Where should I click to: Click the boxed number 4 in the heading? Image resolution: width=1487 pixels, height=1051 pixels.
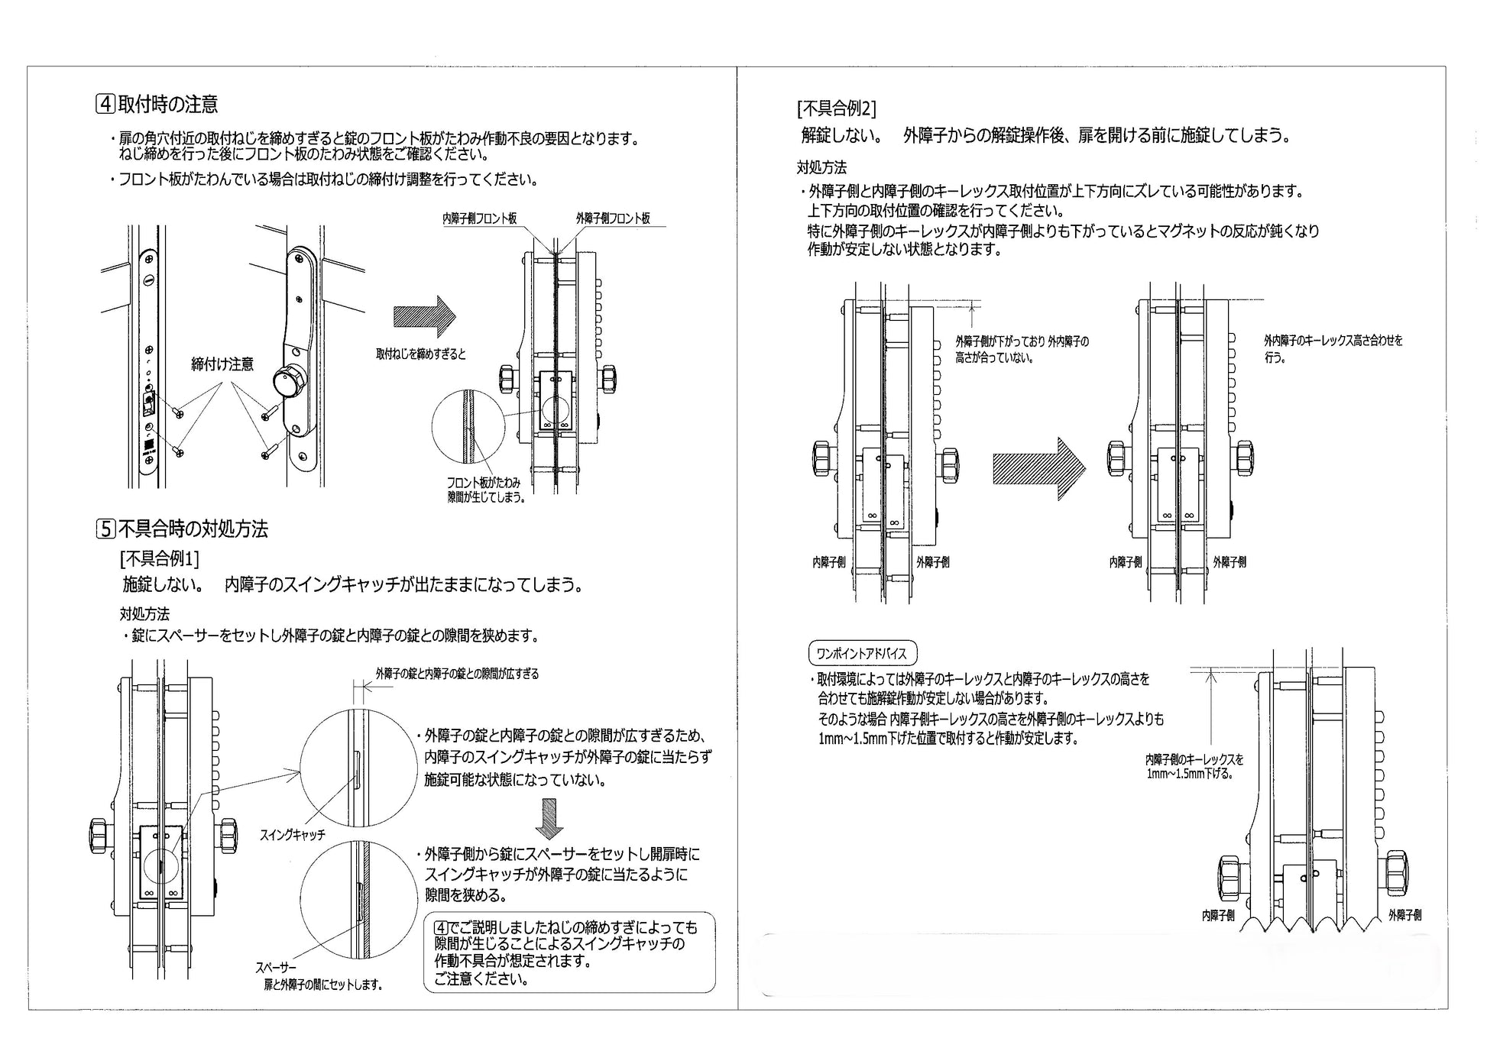pyautogui.click(x=105, y=104)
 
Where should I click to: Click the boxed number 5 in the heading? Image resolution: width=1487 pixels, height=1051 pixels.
pyautogui.click(x=105, y=529)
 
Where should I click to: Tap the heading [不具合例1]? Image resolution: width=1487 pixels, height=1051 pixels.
pyautogui.click(x=159, y=559)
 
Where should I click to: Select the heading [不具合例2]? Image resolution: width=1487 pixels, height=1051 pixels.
pyautogui.click(x=836, y=108)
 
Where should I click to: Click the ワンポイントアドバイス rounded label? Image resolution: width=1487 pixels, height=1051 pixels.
pyautogui.click(x=862, y=654)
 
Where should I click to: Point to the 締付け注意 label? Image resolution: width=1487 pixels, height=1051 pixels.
pyautogui.click(x=222, y=364)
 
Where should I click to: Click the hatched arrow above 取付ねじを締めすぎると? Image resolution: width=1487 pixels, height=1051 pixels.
pyautogui.click(x=425, y=316)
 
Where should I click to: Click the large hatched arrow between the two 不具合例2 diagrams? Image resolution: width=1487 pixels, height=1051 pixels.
pyautogui.click(x=1039, y=469)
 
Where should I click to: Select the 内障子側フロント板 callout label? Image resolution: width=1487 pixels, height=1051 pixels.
pyautogui.click(x=479, y=218)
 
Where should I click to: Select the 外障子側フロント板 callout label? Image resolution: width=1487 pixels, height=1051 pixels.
pyautogui.click(x=613, y=218)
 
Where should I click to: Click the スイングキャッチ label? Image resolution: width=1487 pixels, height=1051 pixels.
pyautogui.click(x=293, y=835)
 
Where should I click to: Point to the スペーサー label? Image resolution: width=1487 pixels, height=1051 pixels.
pyautogui.click(x=277, y=968)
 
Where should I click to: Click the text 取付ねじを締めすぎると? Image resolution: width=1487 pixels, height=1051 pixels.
pyautogui.click(x=421, y=354)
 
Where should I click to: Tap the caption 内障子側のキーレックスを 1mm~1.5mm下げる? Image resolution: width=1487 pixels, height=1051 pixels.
pyautogui.click(x=1194, y=767)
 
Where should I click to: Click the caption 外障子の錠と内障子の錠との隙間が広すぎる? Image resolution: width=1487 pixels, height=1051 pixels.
pyautogui.click(x=457, y=674)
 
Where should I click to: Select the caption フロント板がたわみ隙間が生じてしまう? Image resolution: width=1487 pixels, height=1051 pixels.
pyautogui.click(x=485, y=490)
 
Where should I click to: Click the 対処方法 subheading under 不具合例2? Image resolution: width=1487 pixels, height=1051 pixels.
pyautogui.click(x=821, y=167)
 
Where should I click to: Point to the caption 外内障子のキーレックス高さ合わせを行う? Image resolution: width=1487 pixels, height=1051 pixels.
pyautogui.click(x=1333, y=349)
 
